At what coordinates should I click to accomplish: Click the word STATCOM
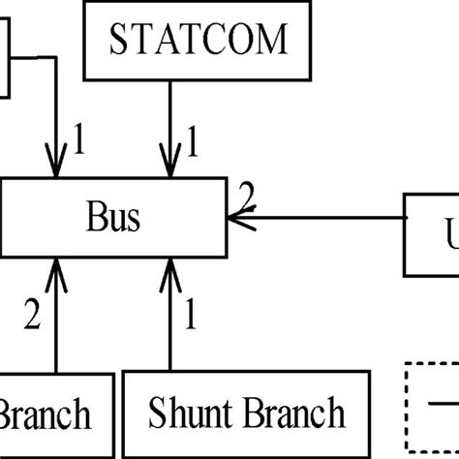tap(199, 40)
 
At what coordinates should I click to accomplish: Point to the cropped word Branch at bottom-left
tap(46, 415)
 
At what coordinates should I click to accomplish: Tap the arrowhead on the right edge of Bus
tap(235, 218)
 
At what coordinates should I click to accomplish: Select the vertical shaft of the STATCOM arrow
tap(171, 116)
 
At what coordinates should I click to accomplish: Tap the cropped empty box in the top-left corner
tap(5, 58)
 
